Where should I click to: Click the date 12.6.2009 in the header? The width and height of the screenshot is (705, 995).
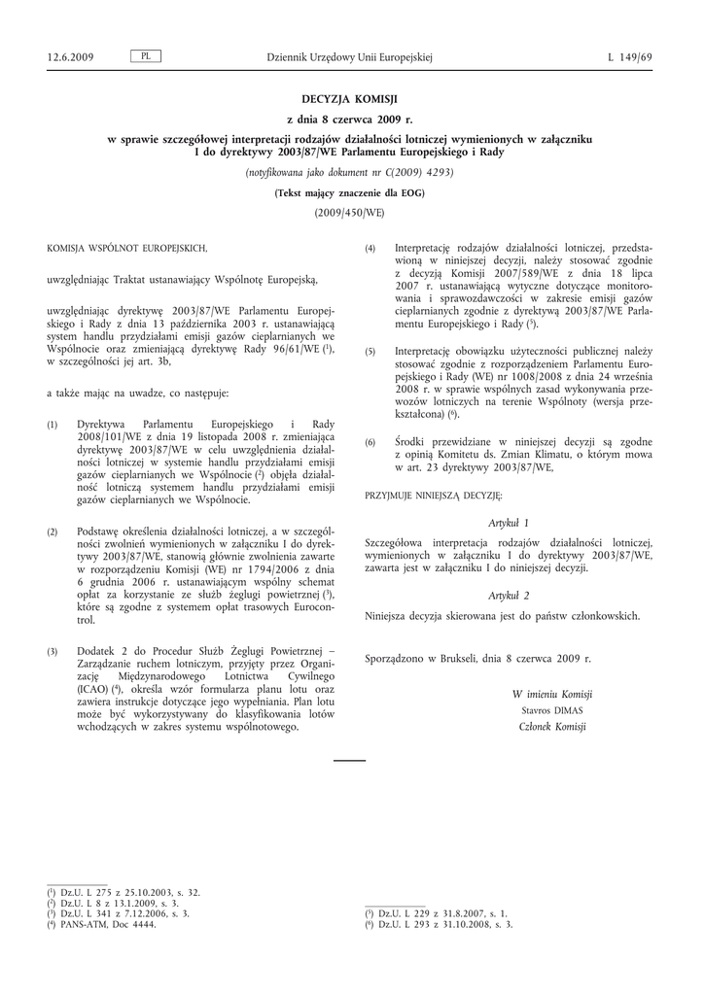(70, 58)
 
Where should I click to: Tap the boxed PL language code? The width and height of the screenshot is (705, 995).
(145, 57)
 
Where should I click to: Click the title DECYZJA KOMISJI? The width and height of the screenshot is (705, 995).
(350, 99)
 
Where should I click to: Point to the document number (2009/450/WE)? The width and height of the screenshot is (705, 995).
(350, 212)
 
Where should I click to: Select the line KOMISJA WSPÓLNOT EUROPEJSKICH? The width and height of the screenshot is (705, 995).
(126, 250)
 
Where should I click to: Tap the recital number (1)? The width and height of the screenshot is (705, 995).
(53, 426)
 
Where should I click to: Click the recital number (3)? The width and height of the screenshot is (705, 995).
(53, 650)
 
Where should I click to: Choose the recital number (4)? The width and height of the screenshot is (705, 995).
(370, 250)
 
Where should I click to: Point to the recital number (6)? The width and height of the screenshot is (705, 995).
(370, 443)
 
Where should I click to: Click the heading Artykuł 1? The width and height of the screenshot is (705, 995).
(509, 523)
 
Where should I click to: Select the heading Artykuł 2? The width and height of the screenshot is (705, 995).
(509, 595)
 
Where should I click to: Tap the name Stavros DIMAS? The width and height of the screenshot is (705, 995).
(545, 711)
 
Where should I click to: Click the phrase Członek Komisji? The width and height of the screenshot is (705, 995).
(546, 728)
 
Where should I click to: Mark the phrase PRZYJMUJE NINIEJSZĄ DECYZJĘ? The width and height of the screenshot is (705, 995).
(433, 496)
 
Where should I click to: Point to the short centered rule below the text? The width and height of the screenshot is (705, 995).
(350, 759)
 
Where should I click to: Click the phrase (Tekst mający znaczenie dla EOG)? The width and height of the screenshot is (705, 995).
(350, 192)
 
